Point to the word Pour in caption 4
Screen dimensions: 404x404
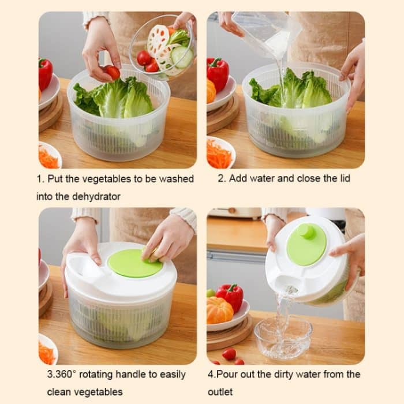(231, 374)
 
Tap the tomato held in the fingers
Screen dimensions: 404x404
(113, 73)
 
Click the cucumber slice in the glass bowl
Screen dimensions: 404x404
(181, 57)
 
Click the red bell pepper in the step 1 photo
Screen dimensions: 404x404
(45, 73)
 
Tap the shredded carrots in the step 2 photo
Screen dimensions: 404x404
(219, 154)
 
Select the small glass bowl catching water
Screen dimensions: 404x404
(283, 337)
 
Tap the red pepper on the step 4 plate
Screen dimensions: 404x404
(231, 295)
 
